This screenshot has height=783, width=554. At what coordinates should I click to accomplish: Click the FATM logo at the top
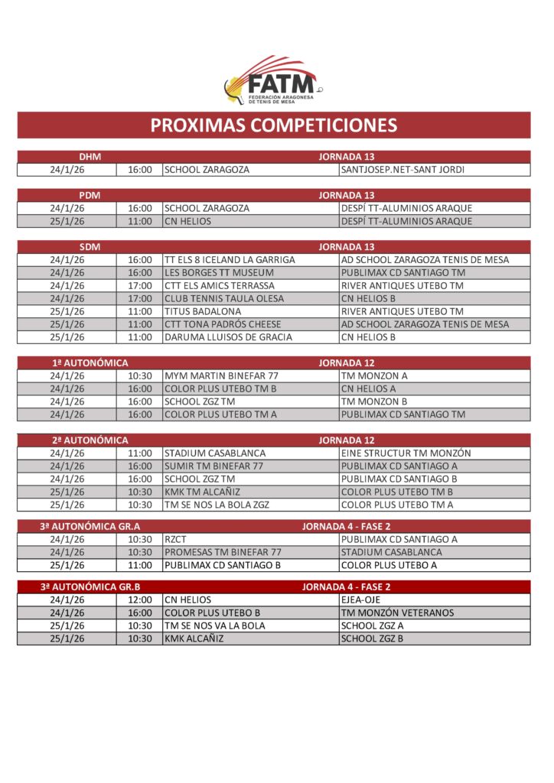[x=272, y=81]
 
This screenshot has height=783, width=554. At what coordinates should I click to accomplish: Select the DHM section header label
[x=90, y=157]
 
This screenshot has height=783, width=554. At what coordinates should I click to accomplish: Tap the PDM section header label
[x=90, y=195]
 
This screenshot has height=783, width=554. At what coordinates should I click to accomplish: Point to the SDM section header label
[x=90, y=247]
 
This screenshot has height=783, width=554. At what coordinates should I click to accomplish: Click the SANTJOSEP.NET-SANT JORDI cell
[x=402, y=170]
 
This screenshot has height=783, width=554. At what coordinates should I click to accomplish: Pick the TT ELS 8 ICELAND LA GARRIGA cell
[x=230, y=260]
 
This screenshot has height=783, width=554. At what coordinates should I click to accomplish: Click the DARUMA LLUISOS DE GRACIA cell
[x=227, y=337]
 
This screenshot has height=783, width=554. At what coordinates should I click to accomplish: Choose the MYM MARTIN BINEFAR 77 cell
[x=221, y=376]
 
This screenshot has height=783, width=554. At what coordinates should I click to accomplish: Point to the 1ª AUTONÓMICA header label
[x=90, y=363]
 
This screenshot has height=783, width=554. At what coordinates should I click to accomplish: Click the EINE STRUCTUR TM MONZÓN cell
[x=406, y=453]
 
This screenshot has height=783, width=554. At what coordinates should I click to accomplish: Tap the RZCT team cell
[x=176, y=539]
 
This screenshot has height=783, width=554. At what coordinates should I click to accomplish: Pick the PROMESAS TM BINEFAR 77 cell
[x=223, y=552]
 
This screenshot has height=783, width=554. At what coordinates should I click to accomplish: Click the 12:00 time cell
[x=140, y=600]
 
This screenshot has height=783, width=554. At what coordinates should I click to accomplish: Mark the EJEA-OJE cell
[x=360, y=600]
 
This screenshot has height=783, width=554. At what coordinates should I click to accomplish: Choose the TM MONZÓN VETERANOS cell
[x=397, y=613]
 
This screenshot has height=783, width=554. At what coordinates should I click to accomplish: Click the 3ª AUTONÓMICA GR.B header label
[x=90, y=587]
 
